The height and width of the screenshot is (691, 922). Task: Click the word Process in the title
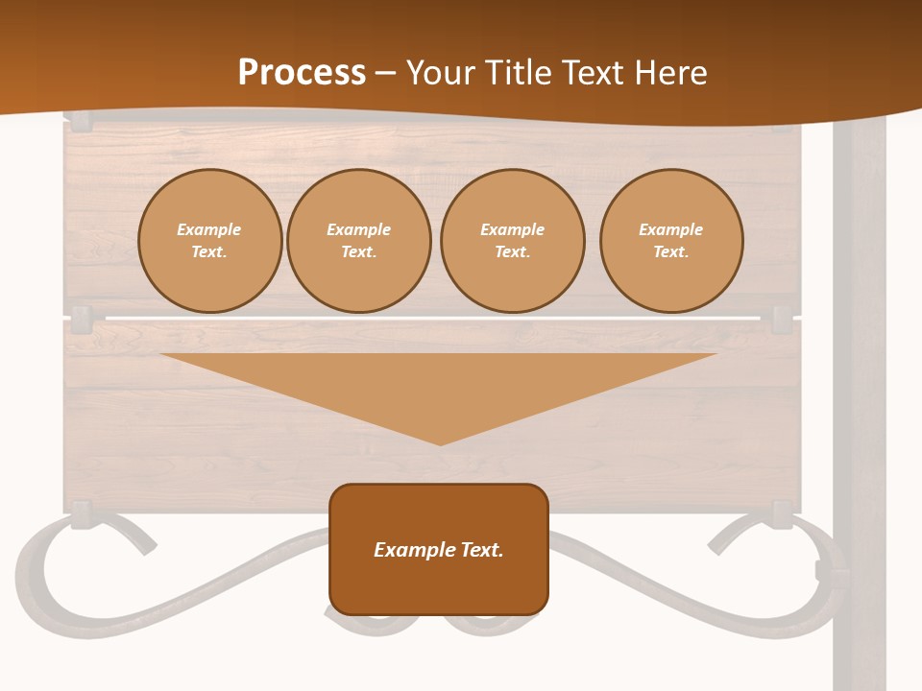[302, 73]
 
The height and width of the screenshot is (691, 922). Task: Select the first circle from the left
[209, 241]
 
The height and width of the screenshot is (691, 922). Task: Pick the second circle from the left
[358, 241]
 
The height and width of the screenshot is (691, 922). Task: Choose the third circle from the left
[512, 241]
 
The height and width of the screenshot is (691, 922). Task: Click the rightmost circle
[670, 241]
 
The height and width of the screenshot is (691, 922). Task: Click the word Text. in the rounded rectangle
[482, 550]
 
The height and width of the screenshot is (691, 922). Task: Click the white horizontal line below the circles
[432, 318]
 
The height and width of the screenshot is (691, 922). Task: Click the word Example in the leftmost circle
[209, 229]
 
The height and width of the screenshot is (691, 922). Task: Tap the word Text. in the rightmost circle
[670, 251]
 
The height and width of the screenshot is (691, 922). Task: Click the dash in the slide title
[386, 73]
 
